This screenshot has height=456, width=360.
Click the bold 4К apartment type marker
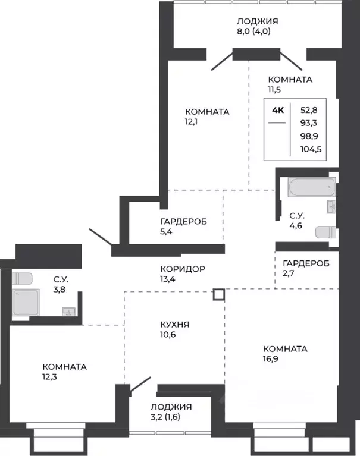click(x=277, y=110)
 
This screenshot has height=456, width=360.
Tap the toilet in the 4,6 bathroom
click(x=324, y=232)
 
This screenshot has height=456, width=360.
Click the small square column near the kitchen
click(x=218, y=294)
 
